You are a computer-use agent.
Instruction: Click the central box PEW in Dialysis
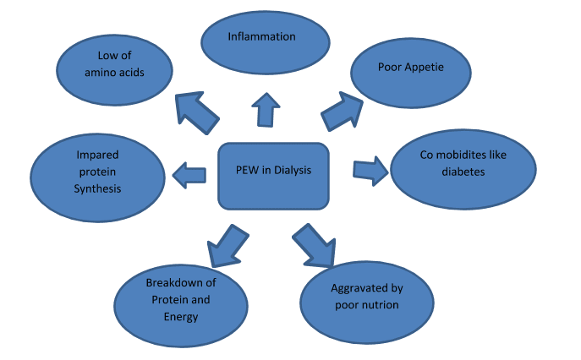[272, 175]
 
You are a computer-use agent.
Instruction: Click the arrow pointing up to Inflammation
[266, 109]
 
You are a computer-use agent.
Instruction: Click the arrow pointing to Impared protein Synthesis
[189, 175]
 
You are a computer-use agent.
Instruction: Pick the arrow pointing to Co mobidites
[370, 169]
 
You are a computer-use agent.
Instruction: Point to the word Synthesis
[97, 188]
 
